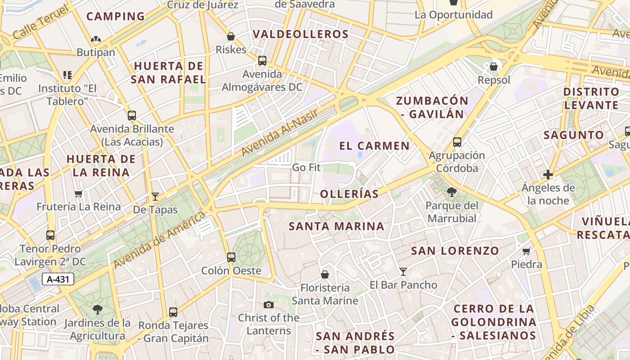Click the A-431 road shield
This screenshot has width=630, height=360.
pos(58,279)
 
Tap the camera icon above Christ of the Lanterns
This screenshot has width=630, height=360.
pos(269,305)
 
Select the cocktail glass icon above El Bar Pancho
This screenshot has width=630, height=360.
pos(403,272)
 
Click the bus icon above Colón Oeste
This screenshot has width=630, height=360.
pos(231,257)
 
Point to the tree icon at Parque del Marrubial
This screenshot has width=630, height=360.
pos(451,193)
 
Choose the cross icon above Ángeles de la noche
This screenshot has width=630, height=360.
pos(548,174)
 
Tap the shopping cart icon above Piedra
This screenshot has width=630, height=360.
pos(526,251)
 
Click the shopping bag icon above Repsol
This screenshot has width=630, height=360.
pos(494,67)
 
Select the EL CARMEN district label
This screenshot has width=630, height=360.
pos(374,146)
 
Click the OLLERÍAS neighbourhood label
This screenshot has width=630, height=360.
pos(349,194)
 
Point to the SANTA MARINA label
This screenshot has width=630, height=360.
pos(337,226)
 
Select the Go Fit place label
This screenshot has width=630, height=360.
pos(306,167)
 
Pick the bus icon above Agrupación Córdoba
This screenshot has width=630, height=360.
pos(457,142)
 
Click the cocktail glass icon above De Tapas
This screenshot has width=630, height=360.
pos(155,196)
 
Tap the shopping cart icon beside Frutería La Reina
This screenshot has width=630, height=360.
pos(79,194)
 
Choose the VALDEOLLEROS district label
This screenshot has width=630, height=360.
pos(301,34)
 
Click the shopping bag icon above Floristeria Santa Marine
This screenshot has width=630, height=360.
pos(324,274)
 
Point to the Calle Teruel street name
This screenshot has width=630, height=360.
pos(41,22)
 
